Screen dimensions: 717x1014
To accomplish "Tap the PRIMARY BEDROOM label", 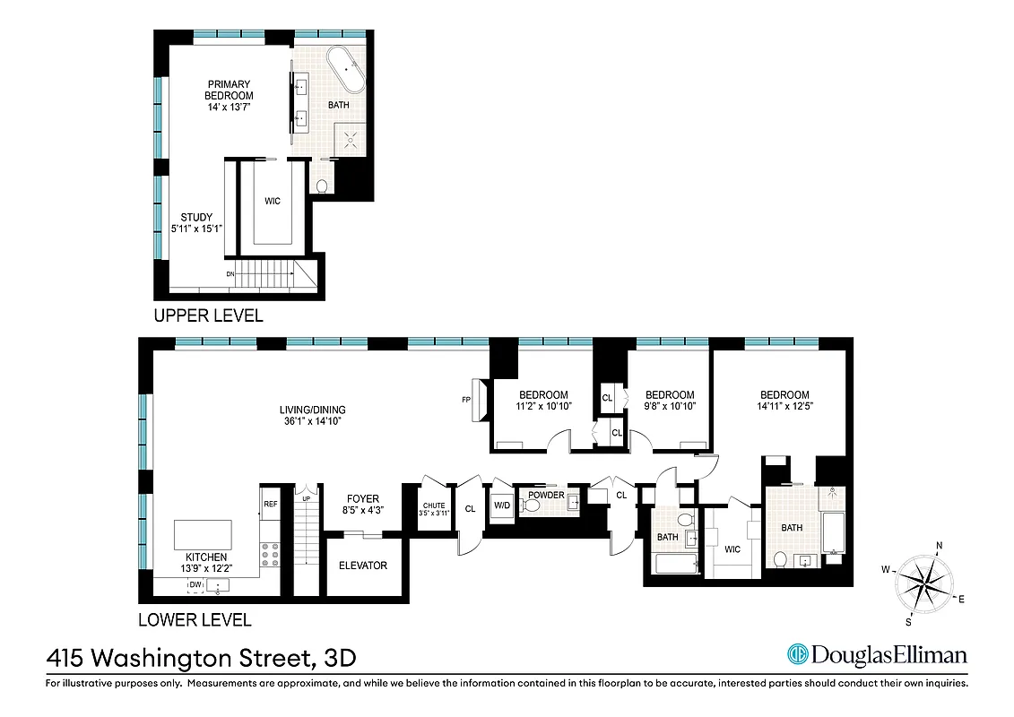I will [x=229, y=90].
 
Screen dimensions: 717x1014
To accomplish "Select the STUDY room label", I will [x=196, y=217].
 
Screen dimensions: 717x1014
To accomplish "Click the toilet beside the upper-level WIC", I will [x=322, y=186].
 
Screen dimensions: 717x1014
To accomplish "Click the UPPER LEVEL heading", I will [x=209, y=315].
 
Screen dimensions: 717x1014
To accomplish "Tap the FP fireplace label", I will [x=466, y=400].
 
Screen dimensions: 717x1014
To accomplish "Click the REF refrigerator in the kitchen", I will [x=270, y=505].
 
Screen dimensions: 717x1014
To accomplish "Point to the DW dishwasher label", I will [x=195, y=585].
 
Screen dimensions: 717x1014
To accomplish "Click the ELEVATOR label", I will [x=363, y=566].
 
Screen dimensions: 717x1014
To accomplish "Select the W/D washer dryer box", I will [x=500, y=506].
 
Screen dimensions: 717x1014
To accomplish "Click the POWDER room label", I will [x=546, y=495].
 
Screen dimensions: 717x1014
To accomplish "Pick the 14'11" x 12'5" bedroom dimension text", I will [x=784, y=407].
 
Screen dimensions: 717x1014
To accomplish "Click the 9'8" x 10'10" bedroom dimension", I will [x=670, y=407].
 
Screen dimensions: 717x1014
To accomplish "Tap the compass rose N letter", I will [x=939, y=545].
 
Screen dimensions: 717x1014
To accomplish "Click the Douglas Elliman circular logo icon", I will [x=797, y=655].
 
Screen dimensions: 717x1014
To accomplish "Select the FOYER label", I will [x=363, y=499].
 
